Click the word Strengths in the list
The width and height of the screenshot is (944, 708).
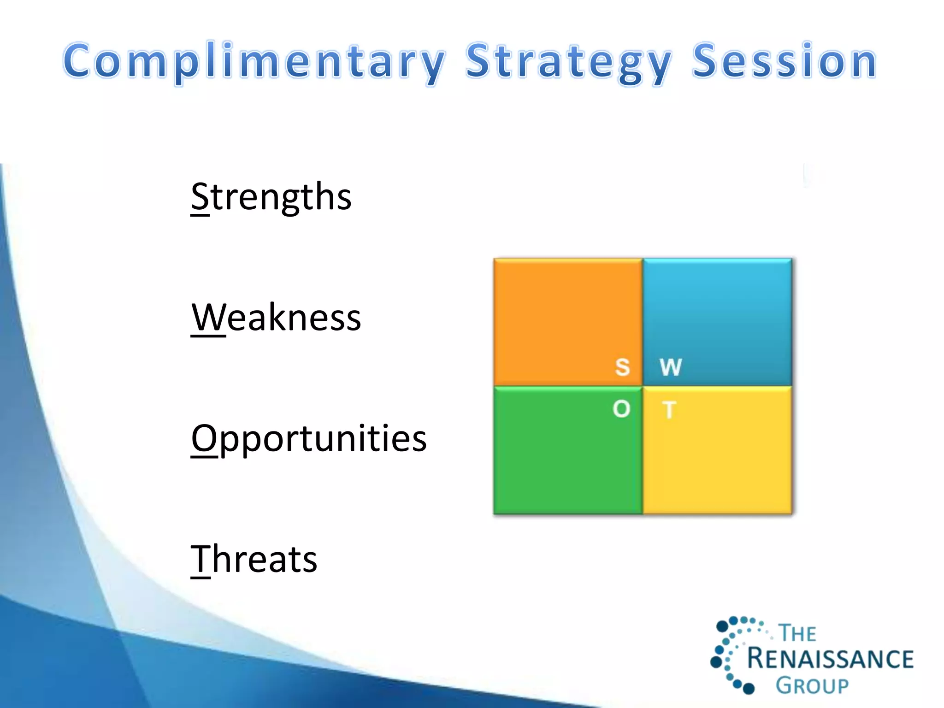click(x=271, y=197)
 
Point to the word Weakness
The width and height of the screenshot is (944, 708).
click(x=276, y=318)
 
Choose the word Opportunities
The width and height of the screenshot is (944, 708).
click(x=309, y=438)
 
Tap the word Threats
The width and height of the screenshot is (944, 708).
click(x=254, y=559)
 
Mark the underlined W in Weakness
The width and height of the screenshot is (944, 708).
click(x=208, y=318)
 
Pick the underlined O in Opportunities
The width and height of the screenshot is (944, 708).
click(x=204, y=438)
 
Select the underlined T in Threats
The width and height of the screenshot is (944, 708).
click(x=201, y=559)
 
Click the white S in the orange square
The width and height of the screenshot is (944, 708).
click(x=622, y=367)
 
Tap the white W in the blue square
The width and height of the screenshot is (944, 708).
click(x=671, y=367)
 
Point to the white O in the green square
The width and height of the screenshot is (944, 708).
click(x=621, y=409)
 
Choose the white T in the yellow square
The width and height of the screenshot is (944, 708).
click(x=669, y=410)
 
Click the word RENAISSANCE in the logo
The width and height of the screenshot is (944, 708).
click(x=830, y=659)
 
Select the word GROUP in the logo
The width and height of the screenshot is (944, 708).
click(x=812, y=686)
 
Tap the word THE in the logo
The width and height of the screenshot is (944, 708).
click(x=797, y=633)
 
